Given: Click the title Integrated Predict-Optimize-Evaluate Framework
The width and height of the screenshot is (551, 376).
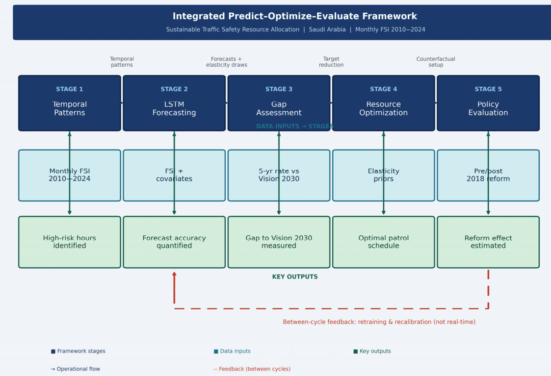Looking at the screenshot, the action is (294, 16).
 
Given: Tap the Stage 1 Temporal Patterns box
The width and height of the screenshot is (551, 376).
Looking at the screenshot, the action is (70, 103).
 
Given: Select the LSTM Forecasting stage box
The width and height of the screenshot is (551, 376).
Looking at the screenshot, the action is (174, 103).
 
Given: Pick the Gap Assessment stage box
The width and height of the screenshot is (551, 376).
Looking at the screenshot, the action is (279, 103).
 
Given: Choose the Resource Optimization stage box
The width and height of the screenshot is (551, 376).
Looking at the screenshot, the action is (383, 103).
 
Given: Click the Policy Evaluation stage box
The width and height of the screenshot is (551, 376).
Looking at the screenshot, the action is (488, 103).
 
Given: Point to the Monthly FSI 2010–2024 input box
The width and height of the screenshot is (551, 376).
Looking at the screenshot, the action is (70, 175).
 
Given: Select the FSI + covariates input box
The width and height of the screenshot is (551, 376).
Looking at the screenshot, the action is (174, 175).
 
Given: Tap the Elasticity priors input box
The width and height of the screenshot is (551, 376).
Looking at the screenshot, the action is (383, 175).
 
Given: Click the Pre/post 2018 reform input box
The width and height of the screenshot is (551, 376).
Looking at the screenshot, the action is (488, 175).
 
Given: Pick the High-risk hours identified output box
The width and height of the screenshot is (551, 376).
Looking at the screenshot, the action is (70, 242).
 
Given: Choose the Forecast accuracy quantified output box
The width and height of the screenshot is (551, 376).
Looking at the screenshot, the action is (174, 242).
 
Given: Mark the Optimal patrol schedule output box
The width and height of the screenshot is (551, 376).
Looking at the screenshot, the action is (383, 242).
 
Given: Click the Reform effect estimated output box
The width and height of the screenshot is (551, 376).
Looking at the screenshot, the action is (488, 242).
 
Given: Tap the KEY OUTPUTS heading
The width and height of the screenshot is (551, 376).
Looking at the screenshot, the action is (295, 276).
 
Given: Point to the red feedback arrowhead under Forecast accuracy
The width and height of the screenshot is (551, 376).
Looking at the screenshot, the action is (174, 274).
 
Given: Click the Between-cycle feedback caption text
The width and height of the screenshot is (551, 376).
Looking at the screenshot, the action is (379, 322).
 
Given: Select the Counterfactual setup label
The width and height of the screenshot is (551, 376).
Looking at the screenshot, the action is (436, 62).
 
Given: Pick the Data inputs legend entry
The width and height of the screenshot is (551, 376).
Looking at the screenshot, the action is (232, 351).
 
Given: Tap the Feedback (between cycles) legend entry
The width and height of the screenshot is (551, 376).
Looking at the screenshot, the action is (252, 369).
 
